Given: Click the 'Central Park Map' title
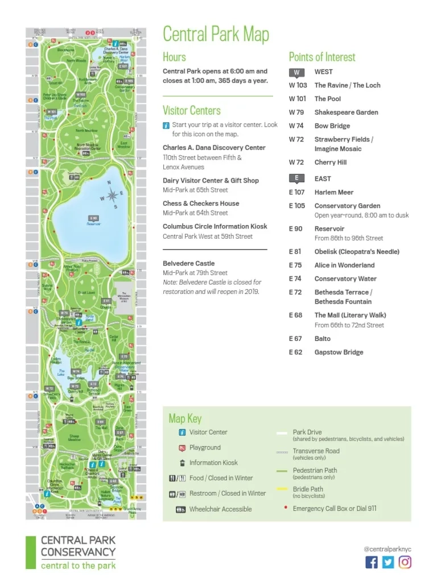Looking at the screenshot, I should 216,34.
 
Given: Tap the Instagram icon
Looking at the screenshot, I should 405,562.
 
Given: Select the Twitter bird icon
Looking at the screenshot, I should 388,562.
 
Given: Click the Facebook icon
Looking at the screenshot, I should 372,562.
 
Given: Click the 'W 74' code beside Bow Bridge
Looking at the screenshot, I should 296,126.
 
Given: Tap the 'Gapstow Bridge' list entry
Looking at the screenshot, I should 339,352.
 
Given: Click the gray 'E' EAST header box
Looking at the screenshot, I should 296,178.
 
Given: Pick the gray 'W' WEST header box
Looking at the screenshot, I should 296,72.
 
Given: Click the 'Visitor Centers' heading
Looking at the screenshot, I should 192,110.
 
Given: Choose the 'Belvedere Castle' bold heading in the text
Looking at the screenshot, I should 189,264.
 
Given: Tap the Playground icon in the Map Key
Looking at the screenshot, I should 182,448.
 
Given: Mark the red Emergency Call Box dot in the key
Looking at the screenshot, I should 285,508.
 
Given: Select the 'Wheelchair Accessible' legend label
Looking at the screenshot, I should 220,509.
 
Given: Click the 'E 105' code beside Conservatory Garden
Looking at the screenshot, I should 297,206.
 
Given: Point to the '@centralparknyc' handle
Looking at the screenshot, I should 387,549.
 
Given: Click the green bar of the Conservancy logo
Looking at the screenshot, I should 31,552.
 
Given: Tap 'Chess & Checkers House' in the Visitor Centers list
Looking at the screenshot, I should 201,203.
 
